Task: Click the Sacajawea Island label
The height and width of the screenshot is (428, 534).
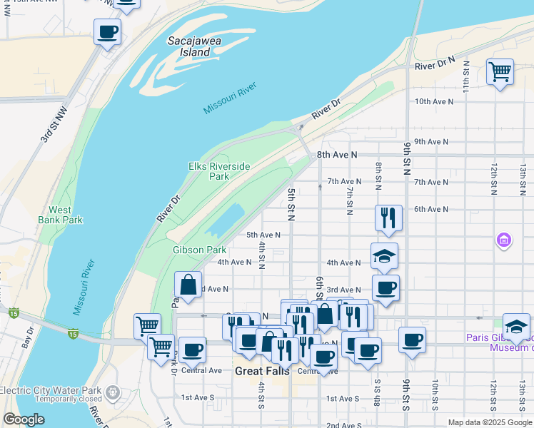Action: pos(193,46)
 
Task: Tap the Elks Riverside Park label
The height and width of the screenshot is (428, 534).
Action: pos(218,171)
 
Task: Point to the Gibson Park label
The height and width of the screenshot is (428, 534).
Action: pos(199,250)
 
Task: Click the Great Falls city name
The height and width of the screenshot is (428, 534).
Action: pos(261,371)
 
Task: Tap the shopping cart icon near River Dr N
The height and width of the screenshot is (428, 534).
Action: pos(500,71)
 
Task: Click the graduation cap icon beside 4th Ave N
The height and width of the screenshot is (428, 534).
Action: pos(384,256)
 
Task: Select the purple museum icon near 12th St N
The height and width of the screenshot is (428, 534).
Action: pos(504,240)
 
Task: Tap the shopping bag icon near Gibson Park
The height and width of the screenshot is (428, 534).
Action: pos(188,285)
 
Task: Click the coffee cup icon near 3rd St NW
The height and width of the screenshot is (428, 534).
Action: pos(107,31)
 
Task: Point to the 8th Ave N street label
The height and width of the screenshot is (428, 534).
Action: pos(336,154)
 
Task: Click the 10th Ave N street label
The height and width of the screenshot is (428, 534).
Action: pos(434,101)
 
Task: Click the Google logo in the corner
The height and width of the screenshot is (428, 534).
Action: pos(23,419)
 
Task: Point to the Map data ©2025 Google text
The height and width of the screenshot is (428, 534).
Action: pos(489,422)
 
